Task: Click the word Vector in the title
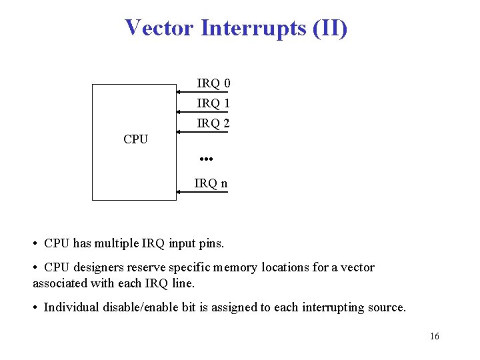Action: (x=159, y=28)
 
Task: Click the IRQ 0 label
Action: (x=213, y=83)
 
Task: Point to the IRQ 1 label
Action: (x=213, y=103)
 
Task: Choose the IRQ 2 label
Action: (x=213, y=123)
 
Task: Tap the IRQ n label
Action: (x=211, y=183)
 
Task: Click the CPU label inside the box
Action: (x=135, y=139)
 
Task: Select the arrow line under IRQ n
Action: (x=201, y=192)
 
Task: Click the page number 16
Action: (x=435, y=337)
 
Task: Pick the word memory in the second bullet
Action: (x=235, y=267)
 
